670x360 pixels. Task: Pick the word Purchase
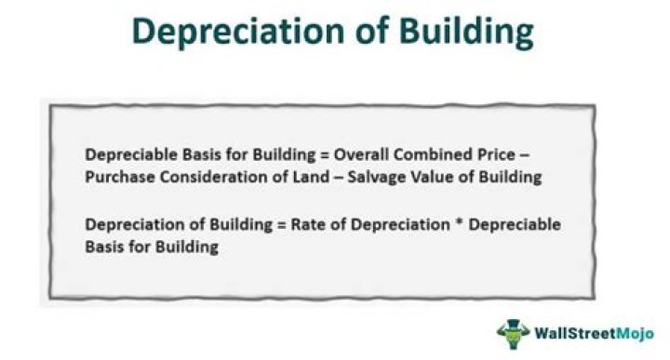[116, 177]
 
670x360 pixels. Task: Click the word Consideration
[204, 177]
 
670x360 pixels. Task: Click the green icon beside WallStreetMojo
[512, 332]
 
